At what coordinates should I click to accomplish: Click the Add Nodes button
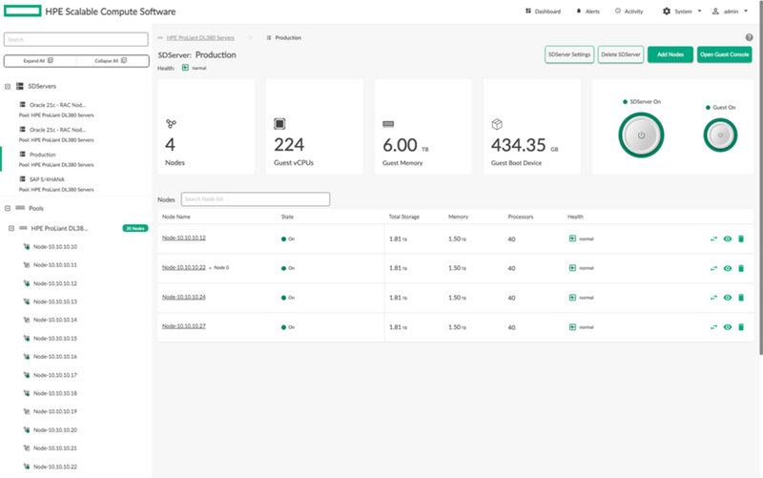pyautogui.click(x=670, y=55)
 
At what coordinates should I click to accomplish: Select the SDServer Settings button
pyautogui.click(x=569, y=55)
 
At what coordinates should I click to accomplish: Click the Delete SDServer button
pyautogui.click(x=621, y=55)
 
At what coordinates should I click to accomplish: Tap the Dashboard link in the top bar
pyautogui.click(x=543, y=11)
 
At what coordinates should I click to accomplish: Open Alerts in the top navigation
pyautogui.click(x=588, y=11)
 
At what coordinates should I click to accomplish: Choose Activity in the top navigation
pyautogui.click(x=629, y=11)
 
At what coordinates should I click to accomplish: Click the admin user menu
pyautogui.click(x=732, y=11)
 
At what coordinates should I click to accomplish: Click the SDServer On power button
pyautogui.click(x=642, y=136)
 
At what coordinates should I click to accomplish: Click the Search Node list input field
pyautogui.click(x=256, y=198)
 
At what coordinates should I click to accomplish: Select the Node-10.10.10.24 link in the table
pyautogui.click(x=184, y=297)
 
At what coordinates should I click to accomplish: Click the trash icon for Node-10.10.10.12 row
pyautogui.click(x=741, y=239)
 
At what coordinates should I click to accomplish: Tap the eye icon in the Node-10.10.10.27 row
pyautogui.click(x=727, y=326)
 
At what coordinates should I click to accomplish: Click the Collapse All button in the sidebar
pyautogui.click(x=111, y=60)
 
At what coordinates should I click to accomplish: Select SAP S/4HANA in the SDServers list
pyautogui.click(x=43, y=178)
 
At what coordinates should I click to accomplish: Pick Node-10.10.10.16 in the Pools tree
pyautogui.click(x=55, y=356)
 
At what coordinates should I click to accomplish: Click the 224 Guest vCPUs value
pyautogui.click(x=289, y=145)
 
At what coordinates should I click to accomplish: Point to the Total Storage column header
pyautogui.click(x=404, y=217)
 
